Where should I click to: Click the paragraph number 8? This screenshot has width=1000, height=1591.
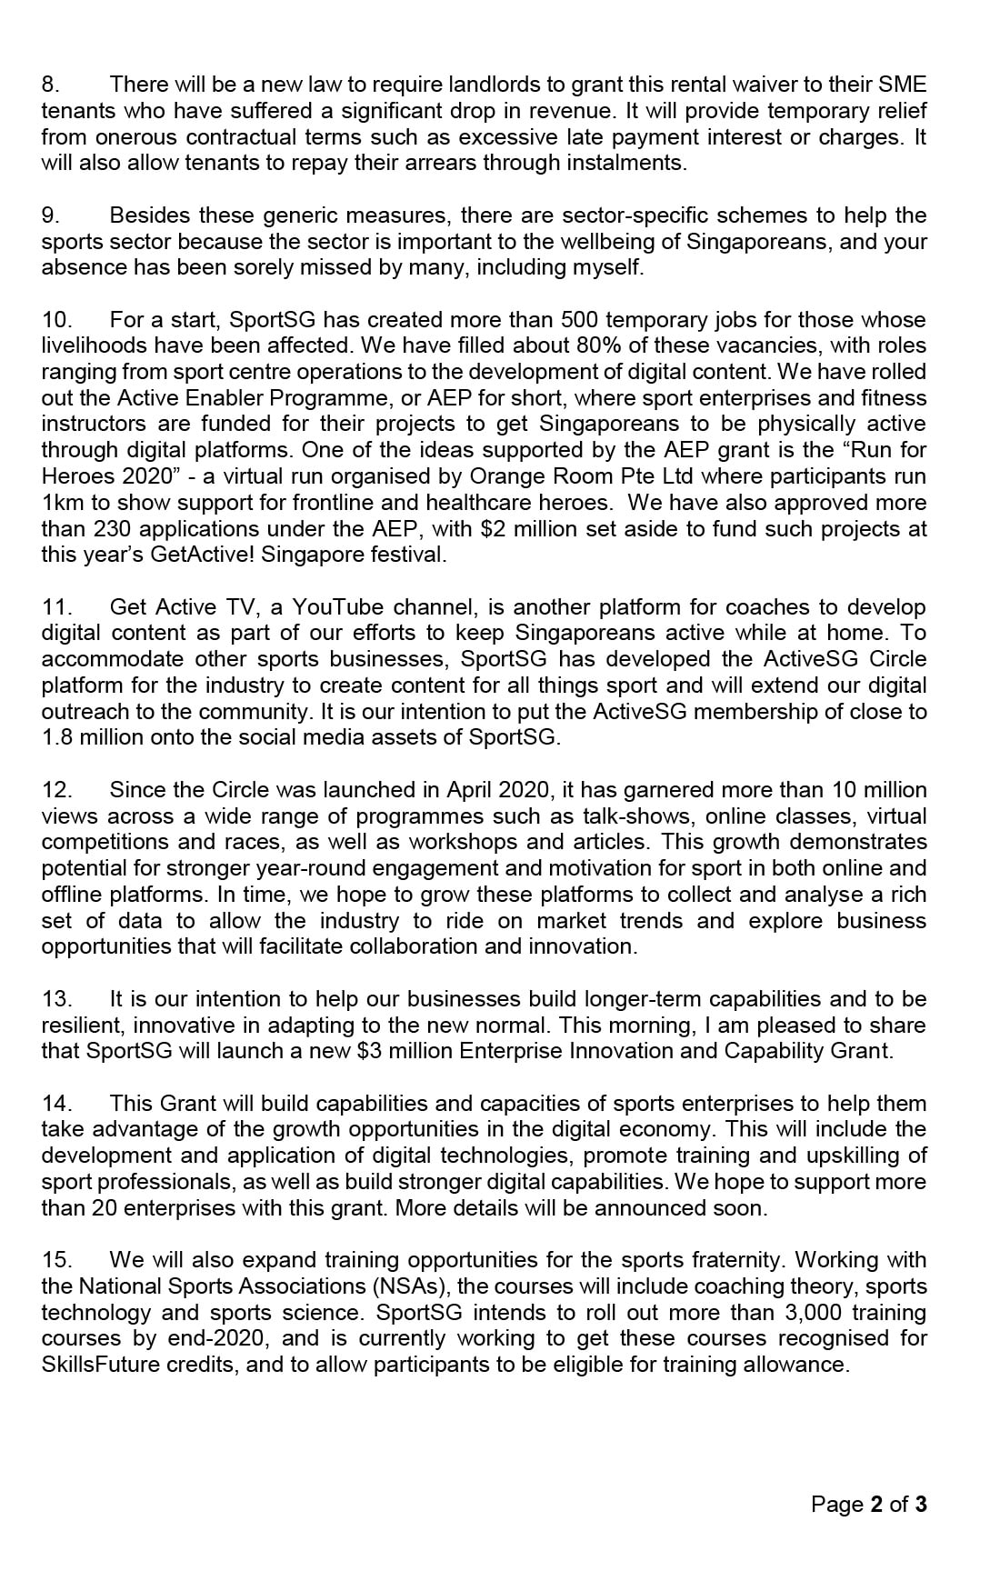(50, 85)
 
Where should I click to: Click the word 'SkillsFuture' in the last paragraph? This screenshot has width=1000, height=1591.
(100, 1366)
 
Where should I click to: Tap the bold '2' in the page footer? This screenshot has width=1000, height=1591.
(876, 1506)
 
